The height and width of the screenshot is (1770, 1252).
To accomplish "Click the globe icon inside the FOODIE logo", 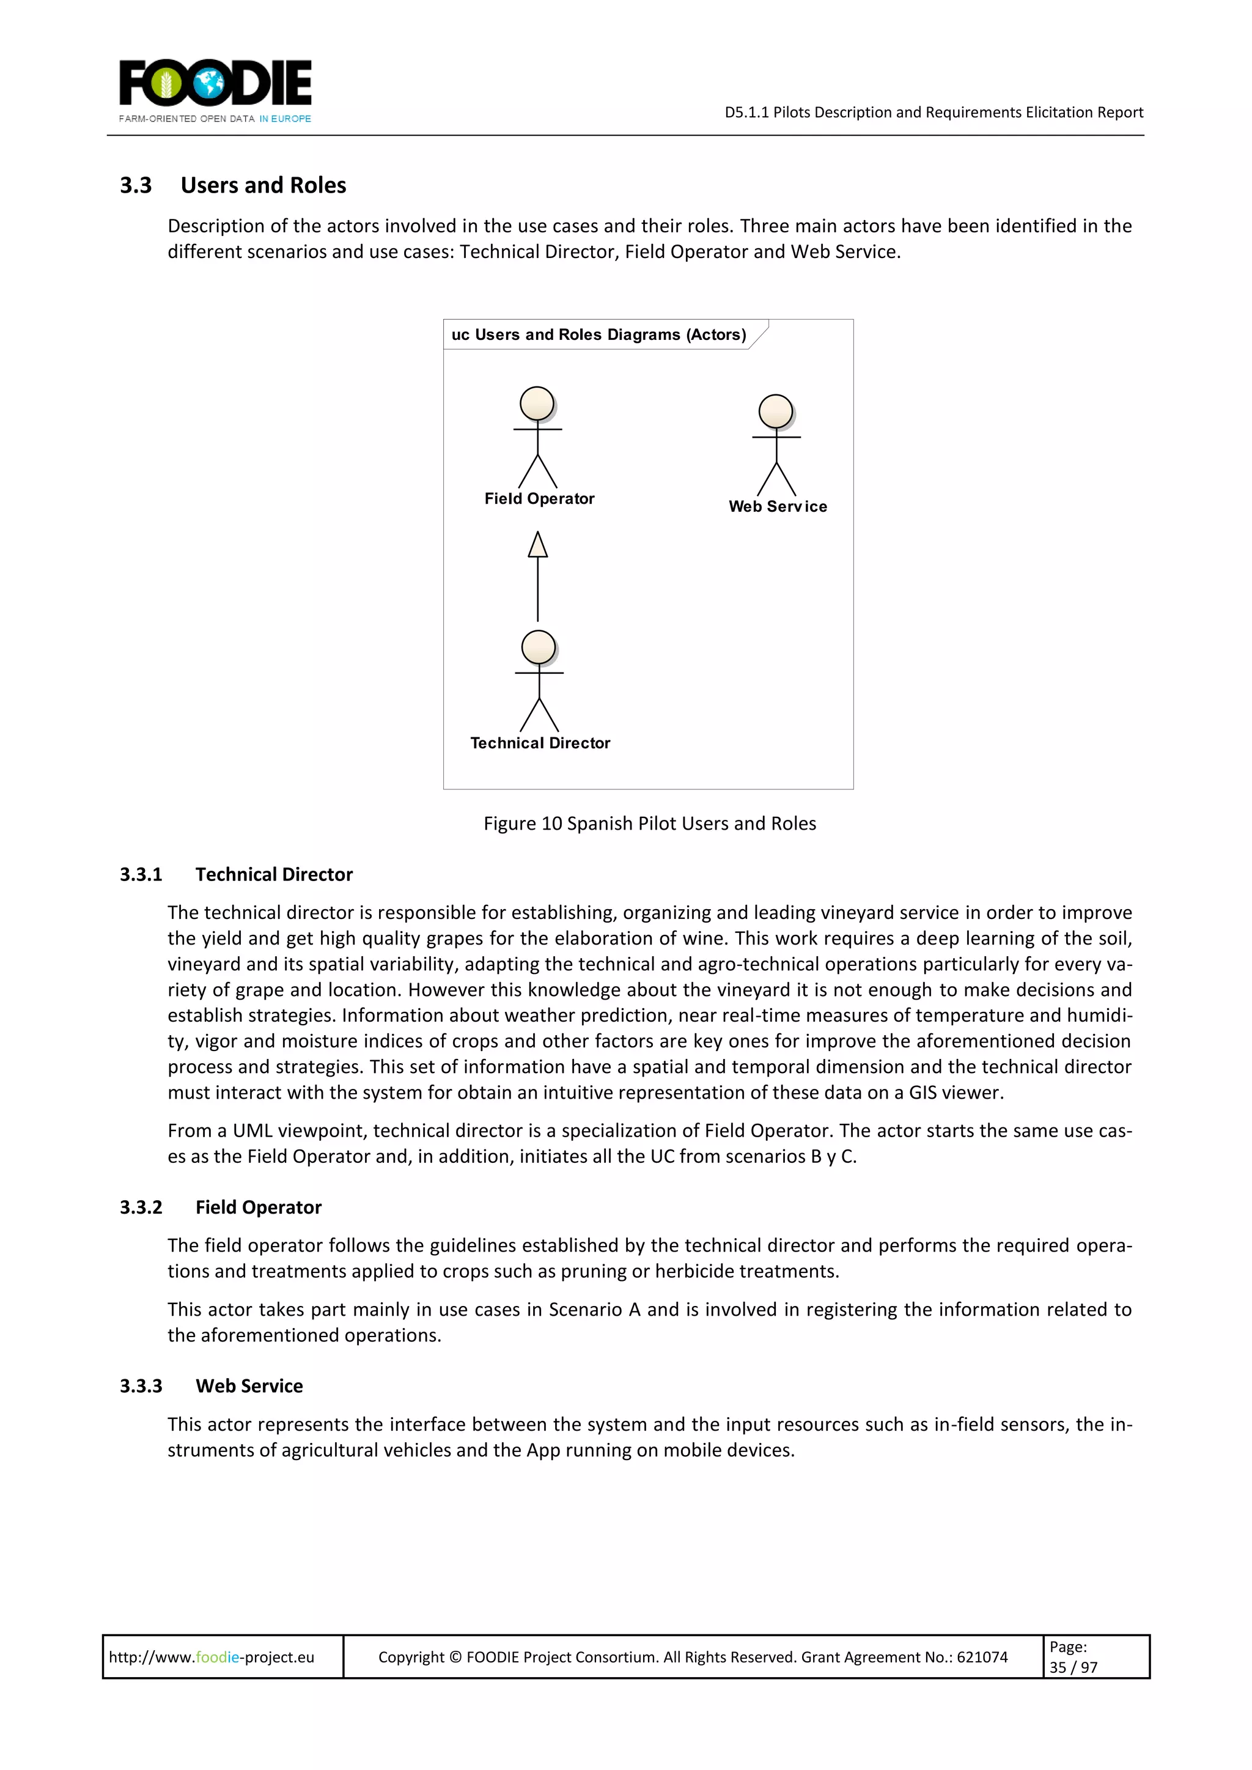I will click(208, 83).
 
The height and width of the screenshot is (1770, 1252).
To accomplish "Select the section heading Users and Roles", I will click(263, 186).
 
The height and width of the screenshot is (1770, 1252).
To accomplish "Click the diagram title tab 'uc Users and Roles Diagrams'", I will click(598, 334).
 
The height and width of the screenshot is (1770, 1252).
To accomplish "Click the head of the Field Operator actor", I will click(537, 403).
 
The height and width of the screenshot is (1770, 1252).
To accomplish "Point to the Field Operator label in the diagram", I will click(539, 499).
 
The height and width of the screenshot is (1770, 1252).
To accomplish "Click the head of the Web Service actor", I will click(776, 411).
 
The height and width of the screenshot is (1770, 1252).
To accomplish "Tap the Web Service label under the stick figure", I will click(777, 506).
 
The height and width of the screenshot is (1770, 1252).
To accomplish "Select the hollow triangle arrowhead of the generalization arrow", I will click(537, 545).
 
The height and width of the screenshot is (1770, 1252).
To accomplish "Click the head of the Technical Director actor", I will click(538, 647).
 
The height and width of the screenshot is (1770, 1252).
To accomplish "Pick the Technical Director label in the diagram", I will click(540, 743).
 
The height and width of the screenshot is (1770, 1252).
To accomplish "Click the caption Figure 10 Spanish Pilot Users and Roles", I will click(649, 824).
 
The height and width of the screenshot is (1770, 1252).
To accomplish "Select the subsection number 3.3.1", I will click(141, 874).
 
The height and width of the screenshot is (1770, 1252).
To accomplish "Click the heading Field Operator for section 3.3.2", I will click(258, 1208).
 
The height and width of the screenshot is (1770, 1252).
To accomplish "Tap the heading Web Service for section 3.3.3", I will click(249, 1386).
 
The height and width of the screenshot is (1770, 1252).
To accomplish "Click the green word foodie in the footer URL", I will click(218, 1657).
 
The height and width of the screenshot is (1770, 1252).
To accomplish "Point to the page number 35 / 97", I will click(1073, 1667).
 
